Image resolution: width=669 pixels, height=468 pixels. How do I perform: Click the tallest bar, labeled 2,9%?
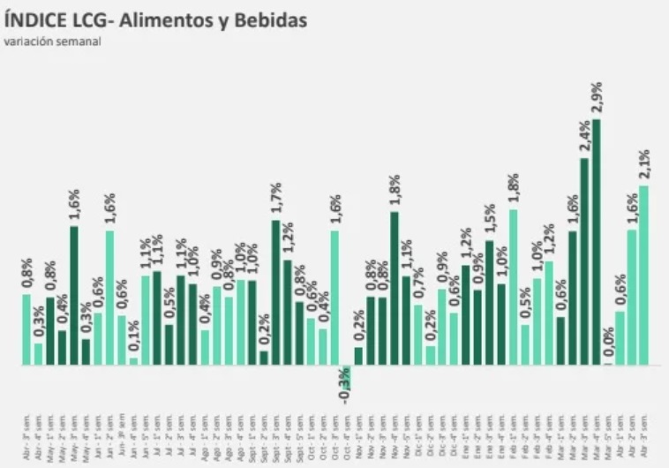(597, 243)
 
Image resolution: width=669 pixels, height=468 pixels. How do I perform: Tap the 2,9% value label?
(598, 97)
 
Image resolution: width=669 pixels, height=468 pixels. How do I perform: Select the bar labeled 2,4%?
(584, 260)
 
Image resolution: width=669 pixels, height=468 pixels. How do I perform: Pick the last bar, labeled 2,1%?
(644, 276)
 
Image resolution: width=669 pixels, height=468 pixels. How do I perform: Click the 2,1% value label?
(645, 164)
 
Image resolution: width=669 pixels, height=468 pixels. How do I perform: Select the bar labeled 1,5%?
(490, 303)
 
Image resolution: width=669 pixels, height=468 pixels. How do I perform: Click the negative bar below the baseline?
(347, 371)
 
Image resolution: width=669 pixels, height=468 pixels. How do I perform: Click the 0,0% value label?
(609, 340)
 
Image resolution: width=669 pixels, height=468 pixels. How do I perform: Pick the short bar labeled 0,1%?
(133, 360)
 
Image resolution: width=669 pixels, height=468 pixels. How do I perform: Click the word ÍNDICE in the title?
(34, 19)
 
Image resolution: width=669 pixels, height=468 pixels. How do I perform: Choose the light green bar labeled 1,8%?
(514, 287)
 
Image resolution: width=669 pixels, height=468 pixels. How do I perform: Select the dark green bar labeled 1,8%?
(395, 288)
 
